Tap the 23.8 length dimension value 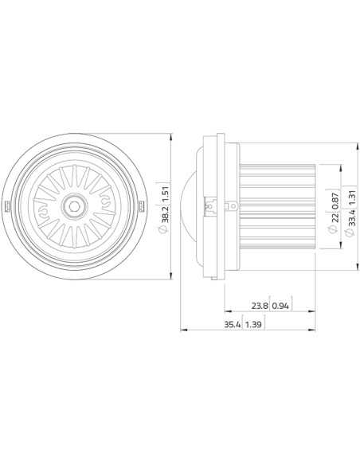(259, 305)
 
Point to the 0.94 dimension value (281, 305)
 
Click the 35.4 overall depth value (231, 324)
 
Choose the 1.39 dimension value (253, 324)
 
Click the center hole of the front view (74, 205)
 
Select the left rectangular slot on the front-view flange (8, 206)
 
